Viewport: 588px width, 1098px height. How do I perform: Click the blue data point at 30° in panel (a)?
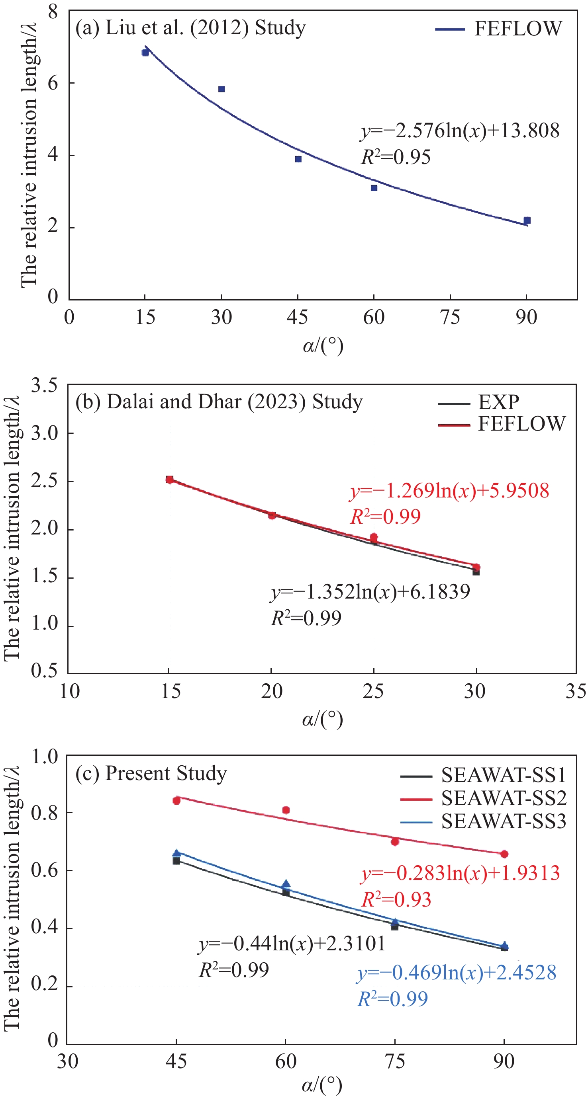[x=221, y=89]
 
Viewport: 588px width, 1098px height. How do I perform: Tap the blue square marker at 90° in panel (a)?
[x=527, y=220]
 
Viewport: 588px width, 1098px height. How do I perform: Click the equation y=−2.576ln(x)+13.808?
[x=460, y=131]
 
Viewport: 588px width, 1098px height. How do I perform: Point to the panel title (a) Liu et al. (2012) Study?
[x=190, y=28]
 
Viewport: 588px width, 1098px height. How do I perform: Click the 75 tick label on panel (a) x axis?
[x=450, y=318]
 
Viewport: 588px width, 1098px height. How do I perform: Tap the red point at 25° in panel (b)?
[x=374, y=537]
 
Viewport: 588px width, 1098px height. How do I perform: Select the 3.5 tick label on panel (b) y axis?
[x=44, y=385]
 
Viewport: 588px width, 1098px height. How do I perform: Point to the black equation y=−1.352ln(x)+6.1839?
[x=370, y=592]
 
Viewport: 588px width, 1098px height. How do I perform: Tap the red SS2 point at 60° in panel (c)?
[x=286, y=810]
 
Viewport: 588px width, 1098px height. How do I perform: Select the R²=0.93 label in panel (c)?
[x=396, y=900]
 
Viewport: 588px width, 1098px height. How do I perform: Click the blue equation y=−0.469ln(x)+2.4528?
[x=457, y=973]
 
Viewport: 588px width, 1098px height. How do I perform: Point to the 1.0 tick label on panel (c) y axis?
[x=44, y=757]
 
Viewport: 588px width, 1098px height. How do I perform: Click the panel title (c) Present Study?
[x=151, y=773]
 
